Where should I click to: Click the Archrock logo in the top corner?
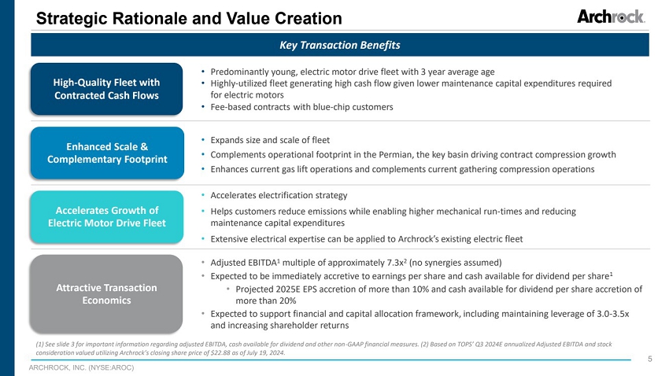pyautogui.click(x=611, y=17)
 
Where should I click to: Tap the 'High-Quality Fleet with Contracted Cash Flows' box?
pyautogui.click(x=106, y=89)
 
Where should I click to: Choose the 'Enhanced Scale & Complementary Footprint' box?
pyautogui.click(x=106, y=153)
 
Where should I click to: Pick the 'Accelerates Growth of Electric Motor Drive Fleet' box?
pyautogui.click(x=106, y=216)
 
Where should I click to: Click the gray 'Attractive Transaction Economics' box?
pyautogui.click(x=106, y=293)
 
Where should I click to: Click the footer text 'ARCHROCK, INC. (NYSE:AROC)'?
pyautogui.click(x=82, y=367)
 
